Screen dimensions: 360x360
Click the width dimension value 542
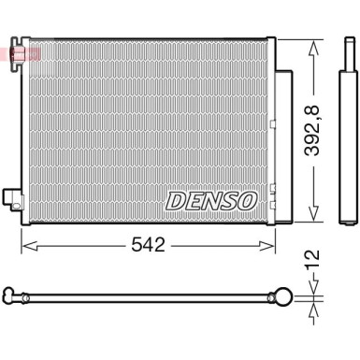coord(147,246)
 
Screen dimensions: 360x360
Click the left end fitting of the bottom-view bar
coord(14,299)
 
